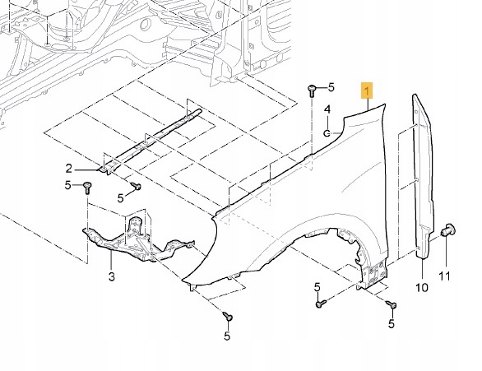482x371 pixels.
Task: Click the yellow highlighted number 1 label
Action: pyautogui.click(x=367, y=90)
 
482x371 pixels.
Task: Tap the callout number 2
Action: pyautogui.click(x=69, y=169)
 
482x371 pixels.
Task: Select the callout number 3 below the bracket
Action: pyautogui.click(x=112, y=276)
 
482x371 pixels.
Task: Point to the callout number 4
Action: pyautogui.click(x=327, y=109)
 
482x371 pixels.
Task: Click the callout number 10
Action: pyautogui.click(x=422, y=288)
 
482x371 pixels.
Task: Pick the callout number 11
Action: pyautogui.click(x=444, y=276)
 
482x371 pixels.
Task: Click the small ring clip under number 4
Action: pyautogui.click(x=327, y=133)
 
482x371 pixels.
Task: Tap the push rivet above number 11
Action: pyautogui.click(x=448, y=230)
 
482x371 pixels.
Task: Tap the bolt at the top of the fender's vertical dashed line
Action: pyautogui.click(x=312, y=90)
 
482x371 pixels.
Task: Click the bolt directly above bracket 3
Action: pyautogui.click(x=87, y=188)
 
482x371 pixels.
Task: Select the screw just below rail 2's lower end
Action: pyautogui.click(x=137, y=186)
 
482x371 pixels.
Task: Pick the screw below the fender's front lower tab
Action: pyautogui.click(x=228, y=316)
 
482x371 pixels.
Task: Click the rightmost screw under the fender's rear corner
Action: pyautogui.click(x=392, y=304)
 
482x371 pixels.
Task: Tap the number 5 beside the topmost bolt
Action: pyautogui.click(x=331, y=87)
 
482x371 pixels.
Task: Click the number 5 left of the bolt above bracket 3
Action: pyautogui.click(x=68, y=185)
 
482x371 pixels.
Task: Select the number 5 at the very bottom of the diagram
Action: pyautogui.click(x=227, y=336)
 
